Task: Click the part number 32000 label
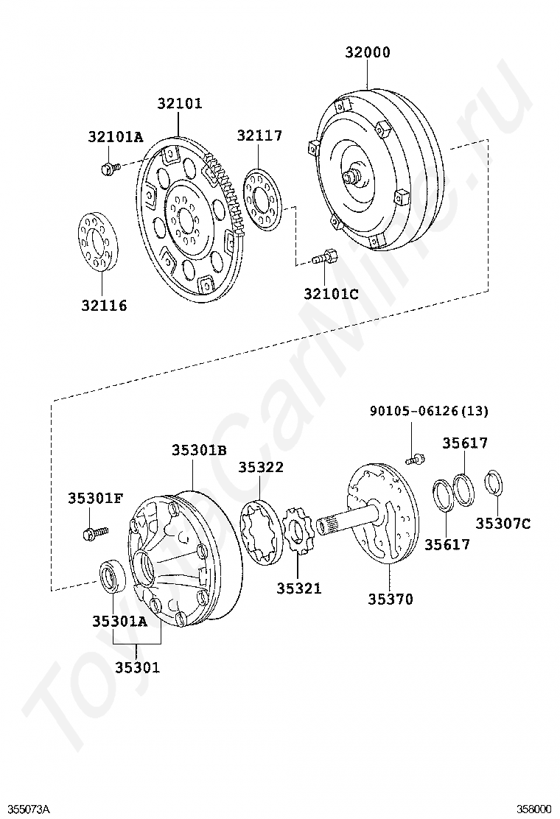tap(368, 52)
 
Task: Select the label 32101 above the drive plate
tap(179, 104)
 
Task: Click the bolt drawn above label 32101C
tap(325, 258)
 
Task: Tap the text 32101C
tap(331, 294)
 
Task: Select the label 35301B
tap(199, 450)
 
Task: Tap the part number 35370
tap(391, 600)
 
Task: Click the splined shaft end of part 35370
tap(326, 526)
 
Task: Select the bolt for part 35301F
tap(94, 531)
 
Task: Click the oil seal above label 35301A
tap(113, 575)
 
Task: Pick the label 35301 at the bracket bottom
tap(137, 668)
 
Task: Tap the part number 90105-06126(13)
tap(429, 411)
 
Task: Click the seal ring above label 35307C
tap(494, 483)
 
